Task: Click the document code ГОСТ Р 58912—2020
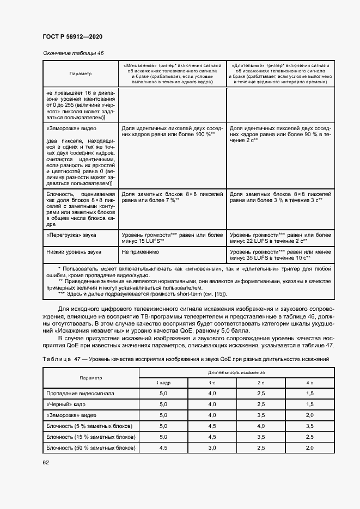point(72,36)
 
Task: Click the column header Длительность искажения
point(236,372)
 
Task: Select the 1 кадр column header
point(164,383)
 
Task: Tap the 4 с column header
point(310,383)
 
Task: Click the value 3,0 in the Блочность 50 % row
point(212,448)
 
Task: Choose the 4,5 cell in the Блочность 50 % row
point(164,448)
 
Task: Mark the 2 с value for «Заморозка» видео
point(261,415)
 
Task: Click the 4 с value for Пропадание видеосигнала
point(310,393)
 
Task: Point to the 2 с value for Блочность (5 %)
point(261,426)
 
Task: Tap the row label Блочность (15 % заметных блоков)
point(90,437)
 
